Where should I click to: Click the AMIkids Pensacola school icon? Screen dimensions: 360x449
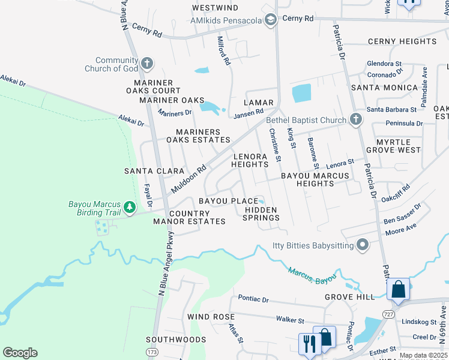(x=271, y=20)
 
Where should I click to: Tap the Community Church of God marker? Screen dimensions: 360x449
(x=147, y=64)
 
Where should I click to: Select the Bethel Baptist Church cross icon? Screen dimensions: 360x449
(x=355, y=119)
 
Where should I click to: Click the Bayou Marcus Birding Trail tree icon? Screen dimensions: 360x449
(x=129, y=208)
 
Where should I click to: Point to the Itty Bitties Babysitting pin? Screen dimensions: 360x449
(x=362, y=244)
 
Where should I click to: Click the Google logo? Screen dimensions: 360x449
(x=20, y=353)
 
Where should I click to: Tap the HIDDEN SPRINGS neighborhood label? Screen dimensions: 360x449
(x=261, y=214)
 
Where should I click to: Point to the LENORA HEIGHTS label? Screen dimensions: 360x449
(x=249, y=160)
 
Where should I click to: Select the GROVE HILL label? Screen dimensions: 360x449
(x=349, y=297)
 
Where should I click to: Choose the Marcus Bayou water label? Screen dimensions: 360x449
(x=310, y=274)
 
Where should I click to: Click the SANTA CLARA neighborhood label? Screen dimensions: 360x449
(x=154, y=171)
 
